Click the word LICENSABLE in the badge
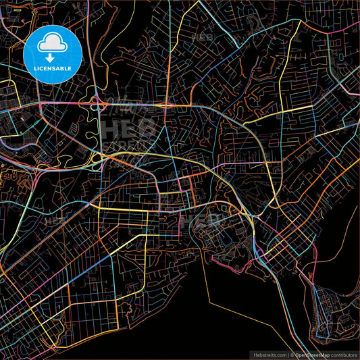coord(52,69)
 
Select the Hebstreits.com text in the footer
coord(268,354)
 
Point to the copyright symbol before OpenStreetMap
coord(292,354)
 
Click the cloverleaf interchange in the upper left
coord(95,103)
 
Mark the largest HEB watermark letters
coord(128,128)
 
